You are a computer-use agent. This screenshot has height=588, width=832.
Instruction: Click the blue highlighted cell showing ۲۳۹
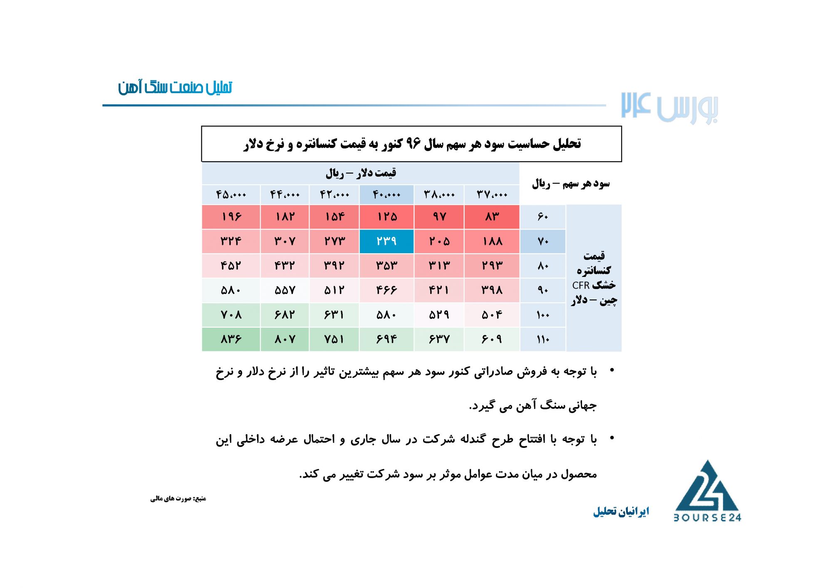pyautogui.click(x=386, y=241)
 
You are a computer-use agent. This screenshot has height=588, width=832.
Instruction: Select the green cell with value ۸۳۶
pyautogui.click(x=231, y=339)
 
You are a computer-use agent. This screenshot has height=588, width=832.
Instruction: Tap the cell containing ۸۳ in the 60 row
pyautogui.click(x=492, y=217)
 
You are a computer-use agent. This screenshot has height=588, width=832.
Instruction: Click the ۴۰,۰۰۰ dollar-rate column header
pyautogui.click(x=386, y=195)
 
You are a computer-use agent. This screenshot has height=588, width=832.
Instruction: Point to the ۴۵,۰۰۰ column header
pyautogui.click(x=231, y=195)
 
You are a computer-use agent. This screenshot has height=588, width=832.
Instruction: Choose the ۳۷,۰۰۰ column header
pyautogui.click(x=492, y=195)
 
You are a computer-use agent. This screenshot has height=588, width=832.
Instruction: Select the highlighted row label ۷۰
pyautogui.click(x=543, y=241)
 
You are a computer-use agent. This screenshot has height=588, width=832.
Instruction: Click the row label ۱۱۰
pyautogui.click(x=543, y=339)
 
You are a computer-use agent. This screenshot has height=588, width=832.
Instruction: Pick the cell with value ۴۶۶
pyautogui.click(x=386, y=290)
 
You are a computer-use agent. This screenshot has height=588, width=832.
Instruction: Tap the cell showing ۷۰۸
pyautogui.click(x=231, y=315)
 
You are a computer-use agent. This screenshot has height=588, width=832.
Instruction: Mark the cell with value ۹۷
pyautogui.click(x=439, y=217)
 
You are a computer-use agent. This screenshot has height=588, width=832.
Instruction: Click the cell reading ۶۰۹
pyautogui.click(x=492, y=339)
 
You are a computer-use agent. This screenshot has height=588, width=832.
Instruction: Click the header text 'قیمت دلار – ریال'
pyautogui.click(x=361, y=173)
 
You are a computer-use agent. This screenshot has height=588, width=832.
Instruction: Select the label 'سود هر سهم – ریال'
pyautogui.click(x=571, y=183)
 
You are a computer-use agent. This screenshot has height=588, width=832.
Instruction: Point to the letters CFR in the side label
pyautogui.click(x=581, y=285)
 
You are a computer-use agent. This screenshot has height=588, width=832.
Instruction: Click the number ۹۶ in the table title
pyautogui.click(x=413, y=143)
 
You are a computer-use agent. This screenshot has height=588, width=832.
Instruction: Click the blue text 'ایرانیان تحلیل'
pyautogui.click(x=621, y=511)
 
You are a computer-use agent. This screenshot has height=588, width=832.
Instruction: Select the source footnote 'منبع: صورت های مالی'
pyautogui.click(x=178, y=498)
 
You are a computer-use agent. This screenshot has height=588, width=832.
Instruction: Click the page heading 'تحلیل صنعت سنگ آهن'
pyautogui.click(x=175, y=87)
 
